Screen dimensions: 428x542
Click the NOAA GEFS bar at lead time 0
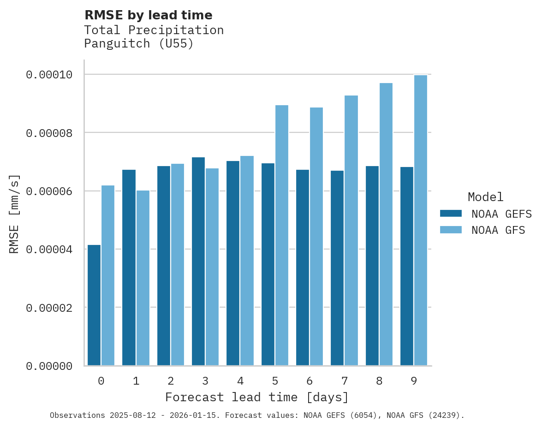click(x=94, y=305)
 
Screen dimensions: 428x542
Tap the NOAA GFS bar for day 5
click(x=281, y=235)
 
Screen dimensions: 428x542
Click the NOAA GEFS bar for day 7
click(x=337, y=268)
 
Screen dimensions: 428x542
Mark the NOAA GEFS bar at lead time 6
click(x=303, y=267)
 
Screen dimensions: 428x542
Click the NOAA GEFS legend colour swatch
click(x=451, y=214)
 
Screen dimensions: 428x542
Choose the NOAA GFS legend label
click(x=498, y=230)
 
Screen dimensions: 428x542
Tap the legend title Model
click(x=485, y=197)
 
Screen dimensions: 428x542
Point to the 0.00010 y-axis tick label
click(x=49, y=75)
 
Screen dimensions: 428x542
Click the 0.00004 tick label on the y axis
click(x=49, y=250)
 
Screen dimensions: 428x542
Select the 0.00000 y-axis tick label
click(x=49, y=366)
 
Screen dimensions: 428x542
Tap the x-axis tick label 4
click(x=240, y=381)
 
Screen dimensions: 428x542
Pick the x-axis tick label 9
click(x=414, y=381)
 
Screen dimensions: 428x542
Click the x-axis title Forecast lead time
click(x=257, y=397)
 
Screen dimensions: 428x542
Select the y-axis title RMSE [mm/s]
click(x=14, y=214)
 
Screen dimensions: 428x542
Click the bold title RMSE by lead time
click(x=149, y=15)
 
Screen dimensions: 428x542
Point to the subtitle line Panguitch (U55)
click(x=139, y=44)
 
